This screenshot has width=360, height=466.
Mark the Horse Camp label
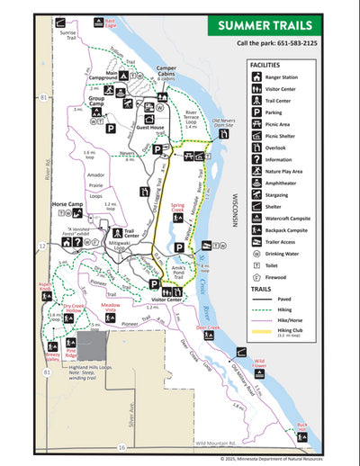[x=67, y=205]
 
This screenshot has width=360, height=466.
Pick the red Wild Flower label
[x=259, y=364]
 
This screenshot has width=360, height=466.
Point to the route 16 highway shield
[x=121, y=447]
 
